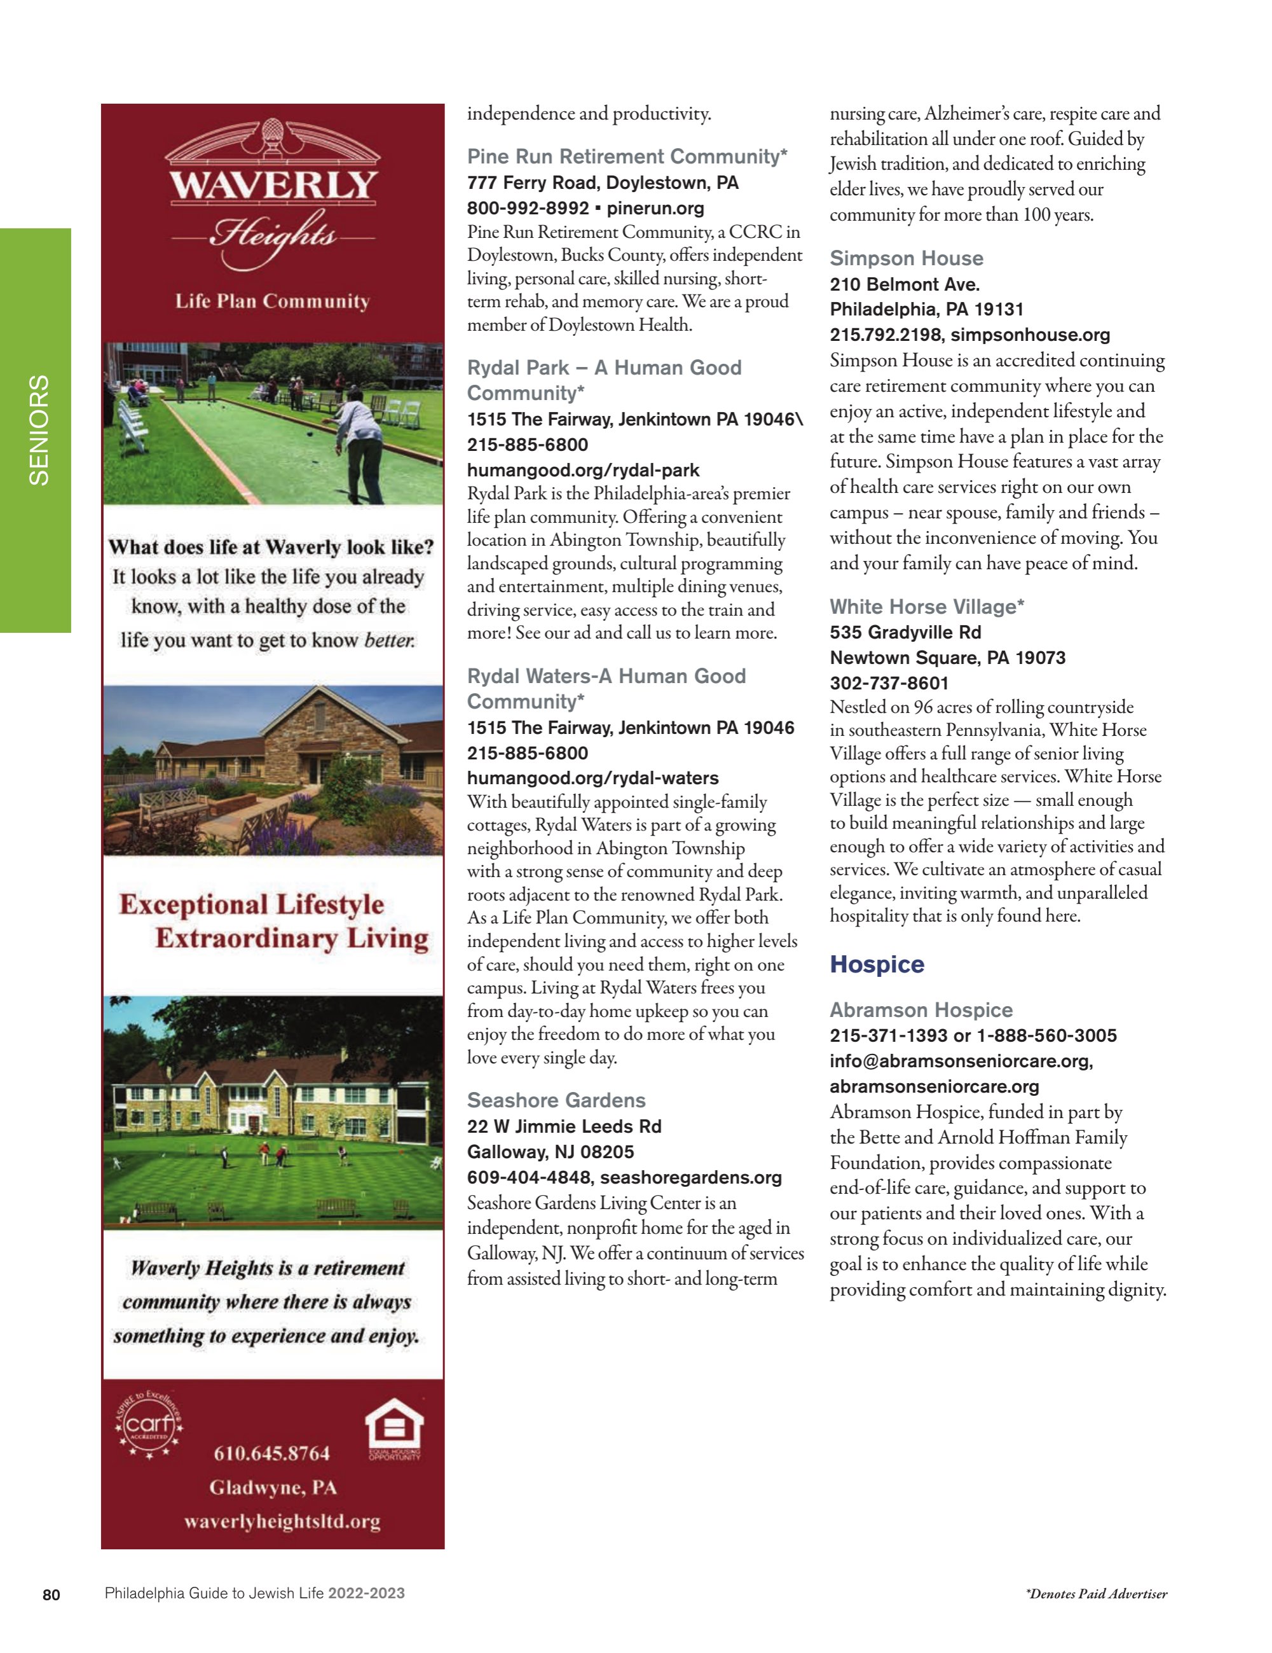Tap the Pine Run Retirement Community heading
coord(627,156)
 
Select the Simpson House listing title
coord(906,258)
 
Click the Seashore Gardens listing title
coord(556,1100)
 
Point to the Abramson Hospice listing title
coord(920,1009)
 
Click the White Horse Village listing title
coord(926,606)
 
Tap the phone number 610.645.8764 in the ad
coord(271,1453)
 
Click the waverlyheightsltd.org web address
coord(282,1521)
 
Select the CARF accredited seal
coord(149,1426)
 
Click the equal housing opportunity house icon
coord(393,1430)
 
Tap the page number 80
coord(51,1594)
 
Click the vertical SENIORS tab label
coord(38,430)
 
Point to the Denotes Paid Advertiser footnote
coord(1096,1594)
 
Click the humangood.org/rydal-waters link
coord(592,778)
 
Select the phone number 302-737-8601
coord(889,682)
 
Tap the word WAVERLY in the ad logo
coord(273,186)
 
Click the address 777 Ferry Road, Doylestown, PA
coord(603,183)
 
